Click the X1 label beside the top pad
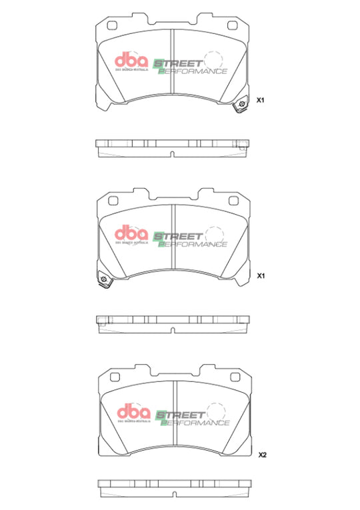261,100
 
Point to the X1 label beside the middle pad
261,275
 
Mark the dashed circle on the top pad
213,59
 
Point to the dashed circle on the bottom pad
215,412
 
